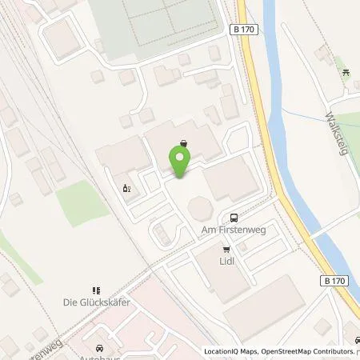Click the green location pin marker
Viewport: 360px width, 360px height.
(181, 162)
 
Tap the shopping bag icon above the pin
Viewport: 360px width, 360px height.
(185, 143)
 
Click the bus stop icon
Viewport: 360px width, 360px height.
(233, 217)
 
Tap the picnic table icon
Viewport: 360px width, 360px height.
(346, 73)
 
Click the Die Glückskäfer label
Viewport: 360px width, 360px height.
(96, 303)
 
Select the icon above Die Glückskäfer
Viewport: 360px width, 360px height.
(96, 290)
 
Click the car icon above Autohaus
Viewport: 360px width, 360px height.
(98, 349)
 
